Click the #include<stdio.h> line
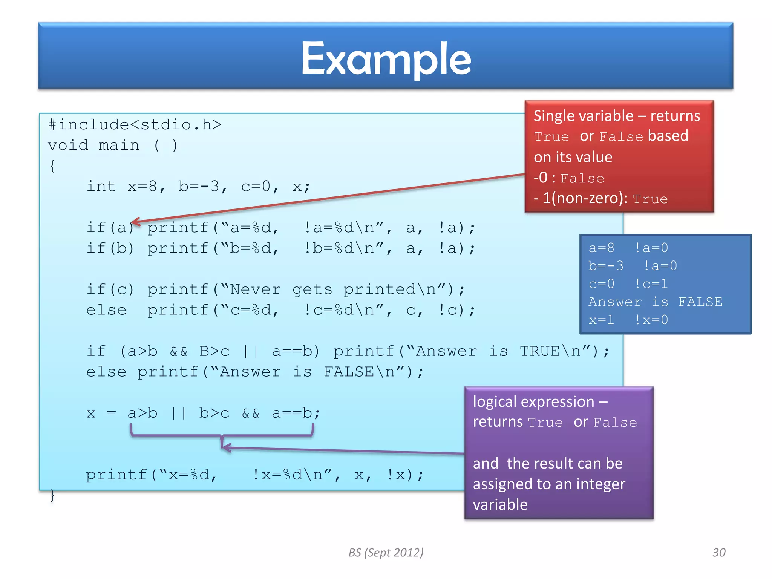[x=135, y=124]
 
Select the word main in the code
[x=119, y=145]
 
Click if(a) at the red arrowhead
[x=110, y=227]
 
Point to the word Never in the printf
[x=256, y=289]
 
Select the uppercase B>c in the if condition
[x=214, y=351]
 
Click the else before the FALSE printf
[x=106, y=372]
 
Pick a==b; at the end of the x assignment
[x=296, y=413]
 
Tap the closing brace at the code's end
[x=52, y=495]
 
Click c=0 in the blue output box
[x=601, y=284]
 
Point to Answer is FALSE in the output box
[x=655, y=302]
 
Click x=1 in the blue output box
[x=601, y=320]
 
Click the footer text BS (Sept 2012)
[x=386, y=552]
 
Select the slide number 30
[x=719, y=553]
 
